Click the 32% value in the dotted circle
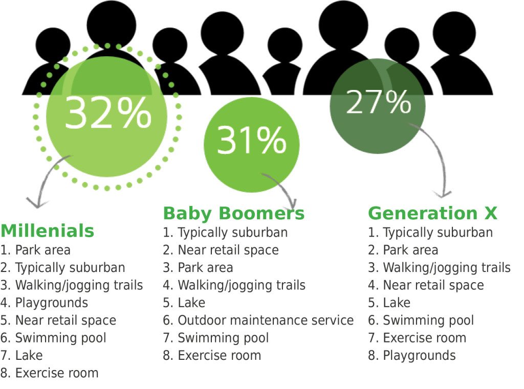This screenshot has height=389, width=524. coord(108,113)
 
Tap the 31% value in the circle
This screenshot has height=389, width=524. coord(251,140)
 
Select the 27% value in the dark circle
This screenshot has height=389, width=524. coord(378,102)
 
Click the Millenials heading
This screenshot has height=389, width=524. coord(48,231)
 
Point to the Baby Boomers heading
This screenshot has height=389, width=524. coord(233,213)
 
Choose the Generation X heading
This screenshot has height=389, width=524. coord(432,213)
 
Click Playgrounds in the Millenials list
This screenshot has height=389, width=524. coord(51,303)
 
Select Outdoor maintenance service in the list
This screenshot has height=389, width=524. coord(265,321)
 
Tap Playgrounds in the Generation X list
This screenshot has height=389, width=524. coord(419,355)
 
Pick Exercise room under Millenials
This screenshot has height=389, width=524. coord(56,373)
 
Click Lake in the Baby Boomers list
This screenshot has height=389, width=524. coord(191,303)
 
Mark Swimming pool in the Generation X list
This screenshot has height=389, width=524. coord(428,321)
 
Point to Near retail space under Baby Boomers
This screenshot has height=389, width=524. coord(228,250)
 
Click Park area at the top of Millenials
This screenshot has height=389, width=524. coord(42,250)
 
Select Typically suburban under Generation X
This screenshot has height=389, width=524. coord(438,233)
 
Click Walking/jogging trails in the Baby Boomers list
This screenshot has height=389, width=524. coord(241,285)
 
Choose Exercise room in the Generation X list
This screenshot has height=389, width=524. coord(424,338)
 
